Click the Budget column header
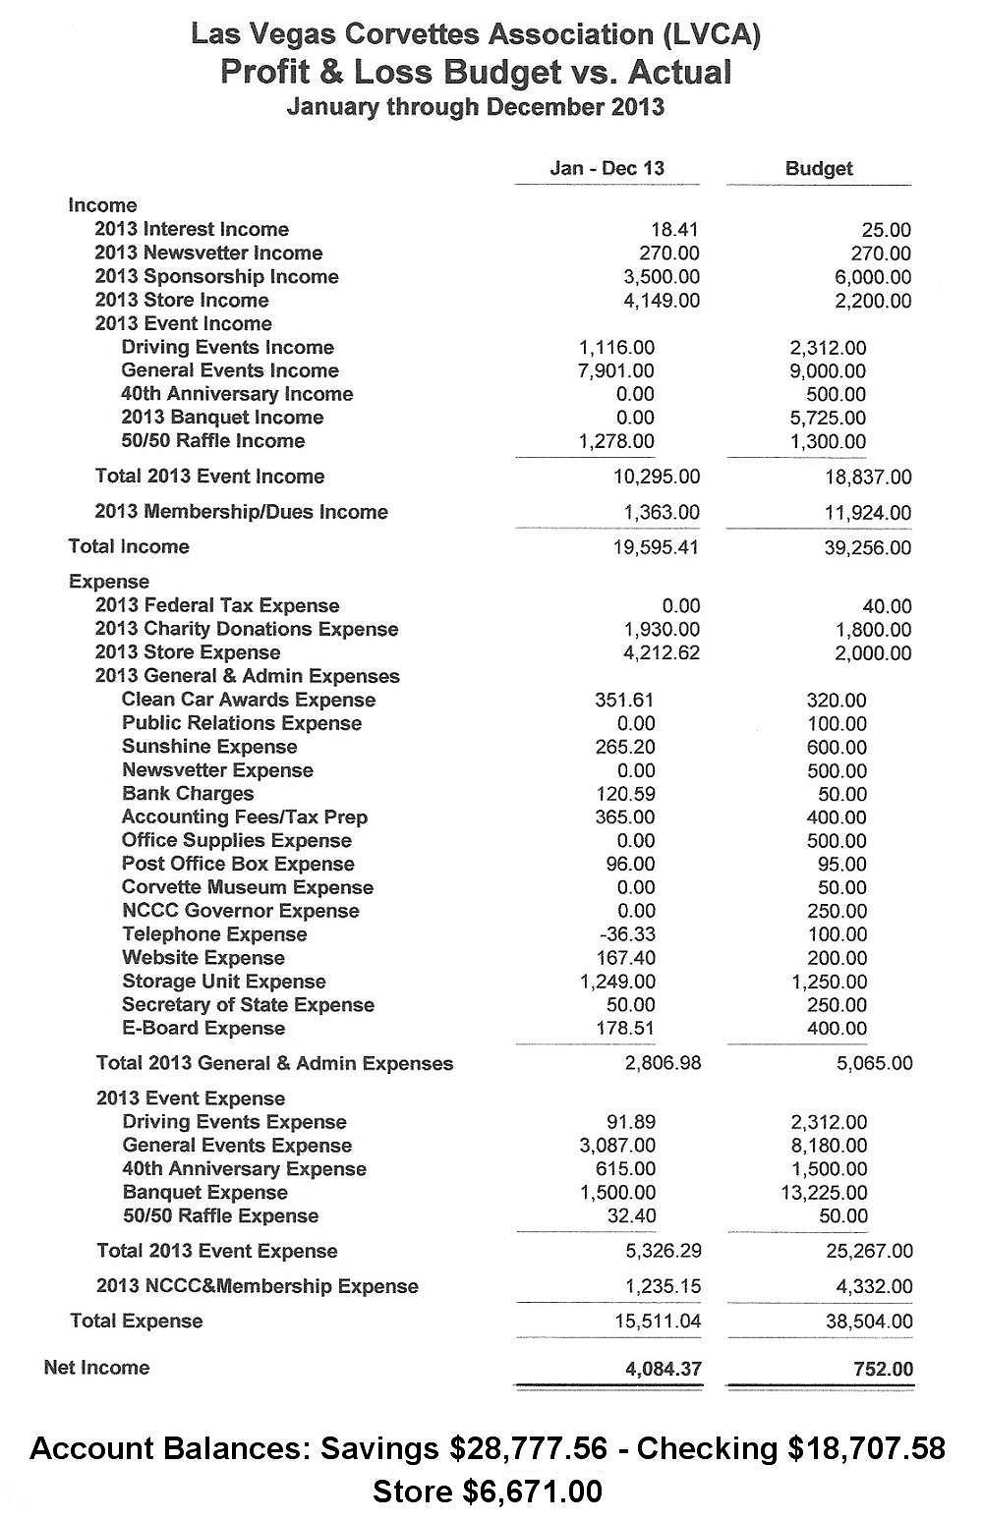click(x=818, y=168)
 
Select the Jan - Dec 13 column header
click(x=607, y=168)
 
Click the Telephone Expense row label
click(x=214, y=934)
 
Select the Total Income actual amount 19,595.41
click(x=655, y=547)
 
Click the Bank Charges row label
click(x=188, y=794)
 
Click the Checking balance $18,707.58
click(x=865, y=1448)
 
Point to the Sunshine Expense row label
click(x=209, y=747)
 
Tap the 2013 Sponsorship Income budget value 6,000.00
click(x=873, y=277)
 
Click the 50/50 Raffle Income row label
click(x=213, y=441)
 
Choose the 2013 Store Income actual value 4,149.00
click(x=662, y=301)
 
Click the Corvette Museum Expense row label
click(x=248, y=887)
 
